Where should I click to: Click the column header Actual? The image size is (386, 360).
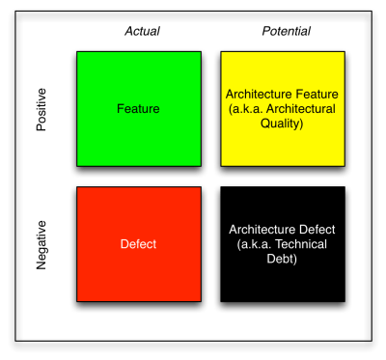(142, 32)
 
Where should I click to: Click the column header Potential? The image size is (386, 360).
(286, 32)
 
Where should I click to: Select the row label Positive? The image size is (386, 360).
(41, 109)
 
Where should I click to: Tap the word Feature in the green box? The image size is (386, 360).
(138, 109)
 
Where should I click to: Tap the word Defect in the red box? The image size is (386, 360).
(138, 244)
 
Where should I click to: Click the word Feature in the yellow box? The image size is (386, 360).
(319, 95)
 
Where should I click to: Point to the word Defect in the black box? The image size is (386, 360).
(319, 230)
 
